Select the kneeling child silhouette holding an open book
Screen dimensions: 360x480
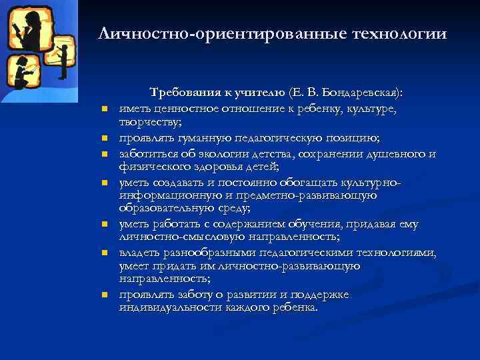[x=24, y=73]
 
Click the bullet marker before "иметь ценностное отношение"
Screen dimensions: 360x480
[x=105, y=108]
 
